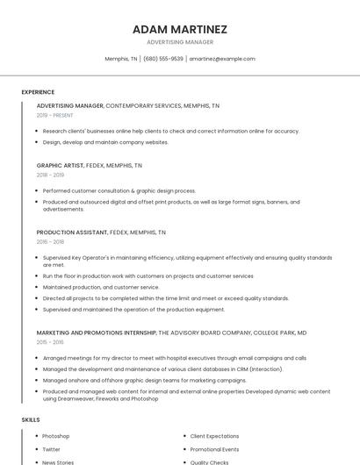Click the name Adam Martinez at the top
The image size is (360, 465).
[x=179, y=29]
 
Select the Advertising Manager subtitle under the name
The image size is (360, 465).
[x=179, y=42]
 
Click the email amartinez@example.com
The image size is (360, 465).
[x=222, y=59]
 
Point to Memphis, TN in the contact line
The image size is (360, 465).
[x=121, y=59]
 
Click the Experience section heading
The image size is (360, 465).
[x=38, y=92]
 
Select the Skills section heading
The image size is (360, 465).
[x=31, y=420]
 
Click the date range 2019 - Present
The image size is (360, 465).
[x=55, y=115]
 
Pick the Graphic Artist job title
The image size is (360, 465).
[x=60, y=165]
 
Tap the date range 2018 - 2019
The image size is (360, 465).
[x=50, y=175]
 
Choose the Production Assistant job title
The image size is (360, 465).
[x=72, y=232]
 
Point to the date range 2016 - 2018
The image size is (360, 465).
[x=50, y=242]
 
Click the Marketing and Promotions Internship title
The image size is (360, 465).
[x=96, y=333]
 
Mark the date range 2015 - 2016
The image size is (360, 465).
[x=50, y=343]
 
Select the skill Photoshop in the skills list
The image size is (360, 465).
[x=55, y=436]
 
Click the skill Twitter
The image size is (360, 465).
[x=51, y=449]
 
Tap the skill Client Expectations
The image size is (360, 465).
[x=214, y=436]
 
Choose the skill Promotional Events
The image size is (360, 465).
[x=214, y=449]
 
